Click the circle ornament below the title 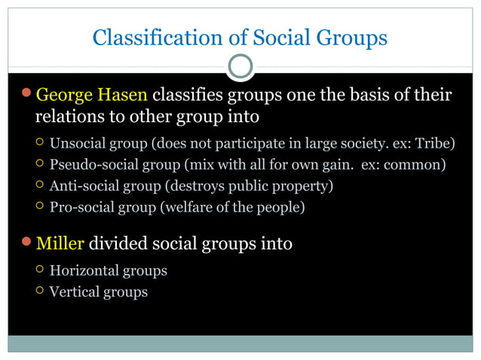point(240,67)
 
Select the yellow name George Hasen point(93,96)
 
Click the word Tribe point(437,144)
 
